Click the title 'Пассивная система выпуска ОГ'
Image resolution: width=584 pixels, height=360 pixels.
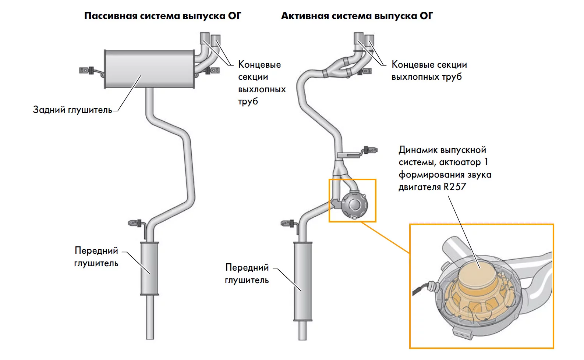pyautogui.click(x=163, y=16)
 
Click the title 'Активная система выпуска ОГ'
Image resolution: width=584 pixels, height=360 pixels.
pyautogui.click(x=357, y=16)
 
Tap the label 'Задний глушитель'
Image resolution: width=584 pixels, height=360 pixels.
pyautogui.click(x=72, y=110)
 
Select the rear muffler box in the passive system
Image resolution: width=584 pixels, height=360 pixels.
pyautogui.click(x=149, y=69)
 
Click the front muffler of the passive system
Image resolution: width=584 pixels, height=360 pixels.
pyautogui.click(x=149, y=268)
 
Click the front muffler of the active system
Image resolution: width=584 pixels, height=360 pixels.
pyautogui.click(x=302, y=281)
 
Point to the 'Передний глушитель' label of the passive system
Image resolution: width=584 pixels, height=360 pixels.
pyautogui.click(x=96, y=257)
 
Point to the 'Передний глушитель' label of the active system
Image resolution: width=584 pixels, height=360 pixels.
pyautogui.click(x=247, y=274)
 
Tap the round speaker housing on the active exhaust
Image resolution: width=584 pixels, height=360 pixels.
pyautogui.click(x=354, y=204)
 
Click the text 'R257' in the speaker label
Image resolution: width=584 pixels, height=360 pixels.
pyautogui.click(x=455, y=187)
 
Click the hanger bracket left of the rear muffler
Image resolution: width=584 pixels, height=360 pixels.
pyautogui.click(x=85, y=70)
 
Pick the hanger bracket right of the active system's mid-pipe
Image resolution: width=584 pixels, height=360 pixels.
pyautogui.click(x=370, y=150)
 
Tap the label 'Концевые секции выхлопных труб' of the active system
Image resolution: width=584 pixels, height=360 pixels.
pyautogui.click(x=429, y=71)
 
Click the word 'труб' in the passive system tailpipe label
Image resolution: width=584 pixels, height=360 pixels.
pyautogui.click(x=248, y=101)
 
